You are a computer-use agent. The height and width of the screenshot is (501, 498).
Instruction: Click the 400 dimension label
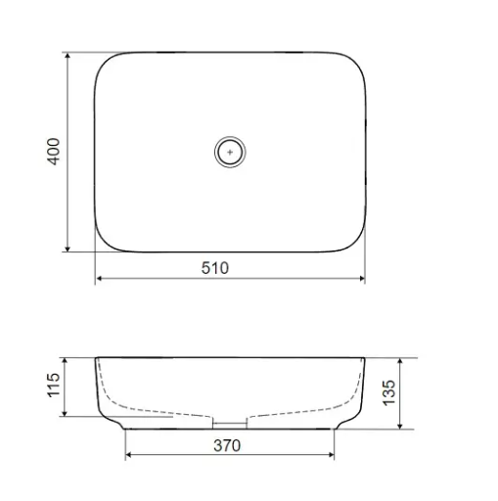[x=54, y=152]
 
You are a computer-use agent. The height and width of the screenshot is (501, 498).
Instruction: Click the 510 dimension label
[x=215, y=268]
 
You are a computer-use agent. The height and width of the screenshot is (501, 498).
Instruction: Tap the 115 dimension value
[x=54, y=386]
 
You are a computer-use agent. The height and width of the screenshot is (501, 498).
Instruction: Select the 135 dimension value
[x=388, y=392]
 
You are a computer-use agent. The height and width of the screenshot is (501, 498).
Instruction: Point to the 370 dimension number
[x=227, y=445]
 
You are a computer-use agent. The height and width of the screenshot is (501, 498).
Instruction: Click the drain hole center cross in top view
[x=230, y=152]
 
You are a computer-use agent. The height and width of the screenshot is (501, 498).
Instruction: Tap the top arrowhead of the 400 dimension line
[x=68, y=56]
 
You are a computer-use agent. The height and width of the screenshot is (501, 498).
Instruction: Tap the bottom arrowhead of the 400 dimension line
[x=68, y=249]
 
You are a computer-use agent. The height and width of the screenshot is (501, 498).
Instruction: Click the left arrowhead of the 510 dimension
[x=99, y=278]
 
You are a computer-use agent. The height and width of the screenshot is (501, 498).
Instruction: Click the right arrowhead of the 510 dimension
[x=361, y=278]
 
